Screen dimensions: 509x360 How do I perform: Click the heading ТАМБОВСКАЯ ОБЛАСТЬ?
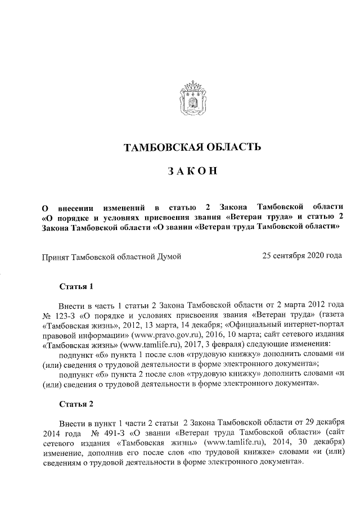[x=192, y=148]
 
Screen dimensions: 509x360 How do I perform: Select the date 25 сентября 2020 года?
[x=302, y=256]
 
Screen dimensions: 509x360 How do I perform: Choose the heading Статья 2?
[x=76, y=404]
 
